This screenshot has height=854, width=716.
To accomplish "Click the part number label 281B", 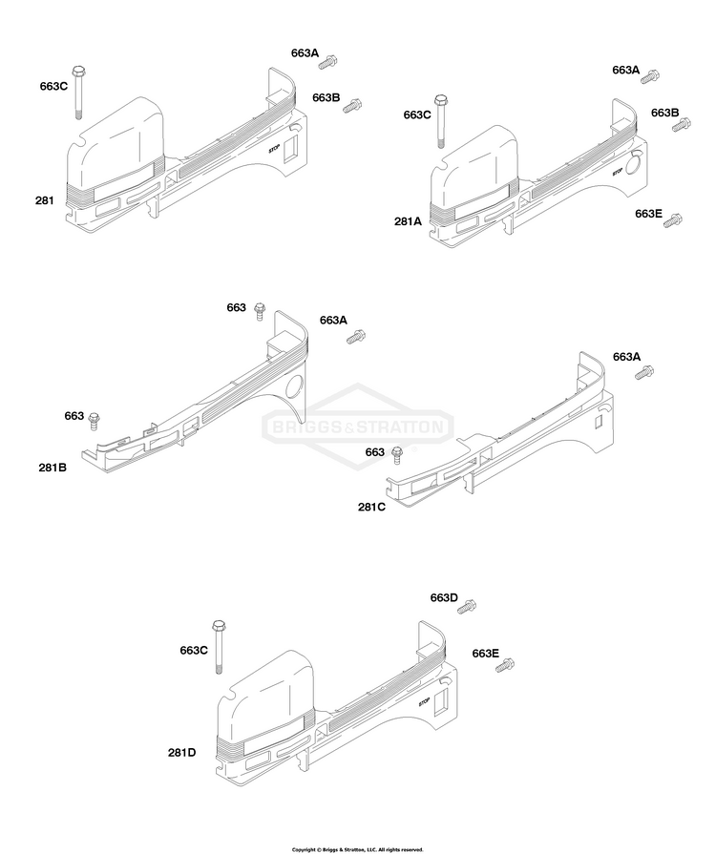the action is point(53,468).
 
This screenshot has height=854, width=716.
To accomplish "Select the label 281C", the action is point(371,507).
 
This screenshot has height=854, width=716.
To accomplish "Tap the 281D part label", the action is point(182,753).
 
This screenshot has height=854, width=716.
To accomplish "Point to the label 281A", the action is point(409,221).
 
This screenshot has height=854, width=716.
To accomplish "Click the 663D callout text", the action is point(444,598).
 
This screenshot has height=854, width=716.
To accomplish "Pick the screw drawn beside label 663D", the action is point(467,607).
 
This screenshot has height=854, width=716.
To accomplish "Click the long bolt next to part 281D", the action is point(219,647).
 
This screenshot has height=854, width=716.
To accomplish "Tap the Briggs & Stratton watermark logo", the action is point(358,427).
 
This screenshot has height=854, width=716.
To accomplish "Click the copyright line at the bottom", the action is point(357,849).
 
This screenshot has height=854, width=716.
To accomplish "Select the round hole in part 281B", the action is point(295,387).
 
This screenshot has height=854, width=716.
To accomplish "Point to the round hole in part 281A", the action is point(634,163).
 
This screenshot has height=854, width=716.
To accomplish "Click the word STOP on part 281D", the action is point(424,702).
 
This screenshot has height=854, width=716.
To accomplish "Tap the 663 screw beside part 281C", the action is point(397,455).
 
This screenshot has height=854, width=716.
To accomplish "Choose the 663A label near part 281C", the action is point(626,357).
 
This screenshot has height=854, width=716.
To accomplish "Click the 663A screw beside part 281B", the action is point(356,337).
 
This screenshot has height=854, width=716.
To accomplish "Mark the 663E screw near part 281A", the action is point(673,221).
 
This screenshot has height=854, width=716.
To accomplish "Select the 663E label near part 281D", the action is point(486,654).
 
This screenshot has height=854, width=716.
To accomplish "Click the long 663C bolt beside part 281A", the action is point(440,121).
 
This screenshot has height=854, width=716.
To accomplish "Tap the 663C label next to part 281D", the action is point(194,651).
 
